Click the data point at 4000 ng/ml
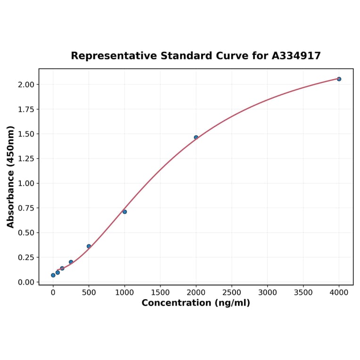[x=339, y=79]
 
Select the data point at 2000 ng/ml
[x=196, y=138]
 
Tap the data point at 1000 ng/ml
[x=124, y=212]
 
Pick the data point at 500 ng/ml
[x=89, y=246]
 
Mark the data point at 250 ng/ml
[x=71, y=262]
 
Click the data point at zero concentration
[x=53, y=275]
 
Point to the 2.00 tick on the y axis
[x=26, y=85]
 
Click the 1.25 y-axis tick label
[x=26, y=159]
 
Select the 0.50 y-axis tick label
[x=26, y=233]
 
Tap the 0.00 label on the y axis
[x=26, y=282]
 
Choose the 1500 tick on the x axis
[x=160, y=293]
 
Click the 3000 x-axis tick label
[x=268, y=293]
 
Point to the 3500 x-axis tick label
[x=303, y=293]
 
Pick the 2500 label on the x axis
[x=232, y=293]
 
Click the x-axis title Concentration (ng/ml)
[x=196, y=303]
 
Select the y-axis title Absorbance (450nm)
[x=11, y=177]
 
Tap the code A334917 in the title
[x=296, y=56]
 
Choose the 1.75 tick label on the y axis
[x=26, y=109]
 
